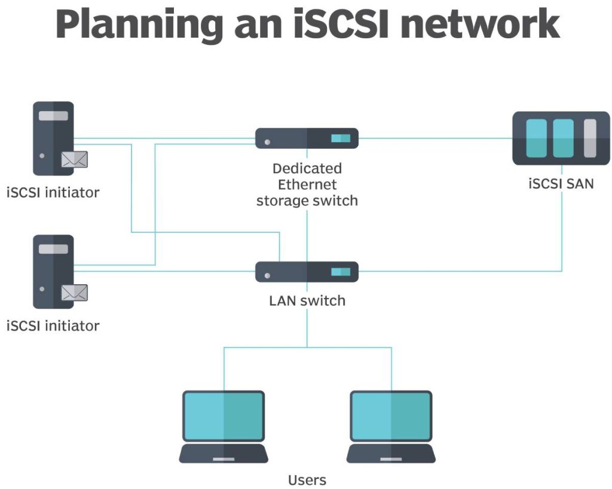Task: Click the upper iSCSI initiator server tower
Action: click(x=53, y=138)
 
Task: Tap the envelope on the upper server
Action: click(x=74, y=159)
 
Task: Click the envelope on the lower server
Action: click(x=74, y=293)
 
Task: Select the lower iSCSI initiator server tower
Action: click(x=53, y=271)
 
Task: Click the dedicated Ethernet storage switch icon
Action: click(x=307, y=139)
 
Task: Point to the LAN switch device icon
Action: click(x=307, y=272)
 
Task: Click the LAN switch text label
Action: click(x=307, y=300)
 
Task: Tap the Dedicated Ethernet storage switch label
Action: click(x=307, y=184)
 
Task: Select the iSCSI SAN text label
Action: click(x=561, y=183)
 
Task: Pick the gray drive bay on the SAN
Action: click(x=590, y=138)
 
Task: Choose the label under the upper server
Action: click(x=53, y=193)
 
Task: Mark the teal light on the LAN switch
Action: click(x=341, y=272)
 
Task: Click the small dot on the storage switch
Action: click(x=267, y=143)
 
